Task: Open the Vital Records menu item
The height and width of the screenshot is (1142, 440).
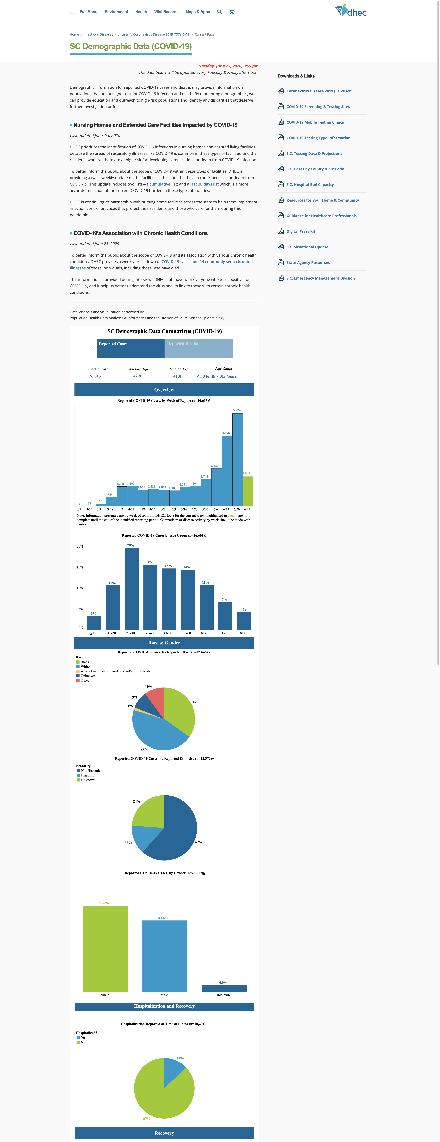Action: point(166,12)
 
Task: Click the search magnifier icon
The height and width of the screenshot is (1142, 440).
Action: point(219,12)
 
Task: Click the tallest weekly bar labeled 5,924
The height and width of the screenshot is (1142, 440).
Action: point(238,460)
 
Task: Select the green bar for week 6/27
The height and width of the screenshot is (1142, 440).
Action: point(248,491)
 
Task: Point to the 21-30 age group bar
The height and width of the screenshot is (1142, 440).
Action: point(132,589)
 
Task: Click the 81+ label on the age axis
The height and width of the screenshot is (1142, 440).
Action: point(243,633)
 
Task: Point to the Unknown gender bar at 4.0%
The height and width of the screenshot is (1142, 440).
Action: point(224,988)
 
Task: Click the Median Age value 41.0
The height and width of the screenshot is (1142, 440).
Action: point(177,376)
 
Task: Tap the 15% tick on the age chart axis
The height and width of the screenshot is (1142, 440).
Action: point(80,567)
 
